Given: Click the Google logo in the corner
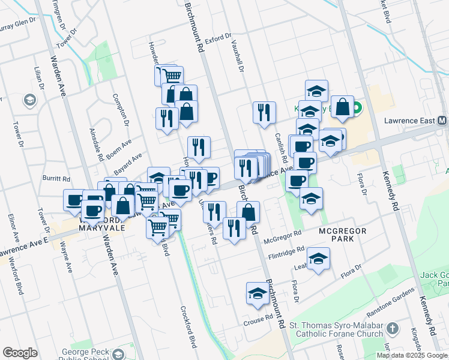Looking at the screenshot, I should (20, 353).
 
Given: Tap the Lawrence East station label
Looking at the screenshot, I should (410, 121).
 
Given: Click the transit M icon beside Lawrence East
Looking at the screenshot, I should (442, 121).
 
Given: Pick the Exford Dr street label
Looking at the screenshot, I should (217, 39).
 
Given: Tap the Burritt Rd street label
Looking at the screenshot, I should (56, 179).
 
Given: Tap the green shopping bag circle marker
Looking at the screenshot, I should (357, 109).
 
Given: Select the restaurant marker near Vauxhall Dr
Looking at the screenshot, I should (264, 112).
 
